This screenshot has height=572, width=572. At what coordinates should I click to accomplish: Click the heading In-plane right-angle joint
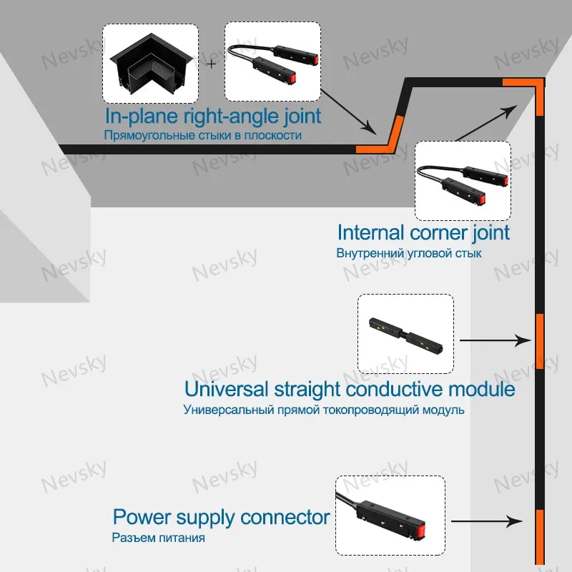(213, 116)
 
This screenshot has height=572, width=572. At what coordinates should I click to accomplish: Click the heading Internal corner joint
(423, 232)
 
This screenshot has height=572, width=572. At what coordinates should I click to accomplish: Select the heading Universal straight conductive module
(350, 390)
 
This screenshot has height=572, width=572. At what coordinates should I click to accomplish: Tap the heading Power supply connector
(221, 517)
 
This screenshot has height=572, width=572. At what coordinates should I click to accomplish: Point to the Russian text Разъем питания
(158, 538)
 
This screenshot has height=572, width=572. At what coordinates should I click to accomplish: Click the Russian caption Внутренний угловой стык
(408, 253)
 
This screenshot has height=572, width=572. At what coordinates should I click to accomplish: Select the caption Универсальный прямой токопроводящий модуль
(324, 410)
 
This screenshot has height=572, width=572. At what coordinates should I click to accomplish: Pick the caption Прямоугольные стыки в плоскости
(202, 134)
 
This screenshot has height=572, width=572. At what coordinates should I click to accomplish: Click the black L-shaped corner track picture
(150, 62)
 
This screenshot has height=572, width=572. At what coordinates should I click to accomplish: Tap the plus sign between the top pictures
(212, 64)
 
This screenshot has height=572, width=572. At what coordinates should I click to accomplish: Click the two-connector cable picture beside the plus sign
(272, 61)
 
